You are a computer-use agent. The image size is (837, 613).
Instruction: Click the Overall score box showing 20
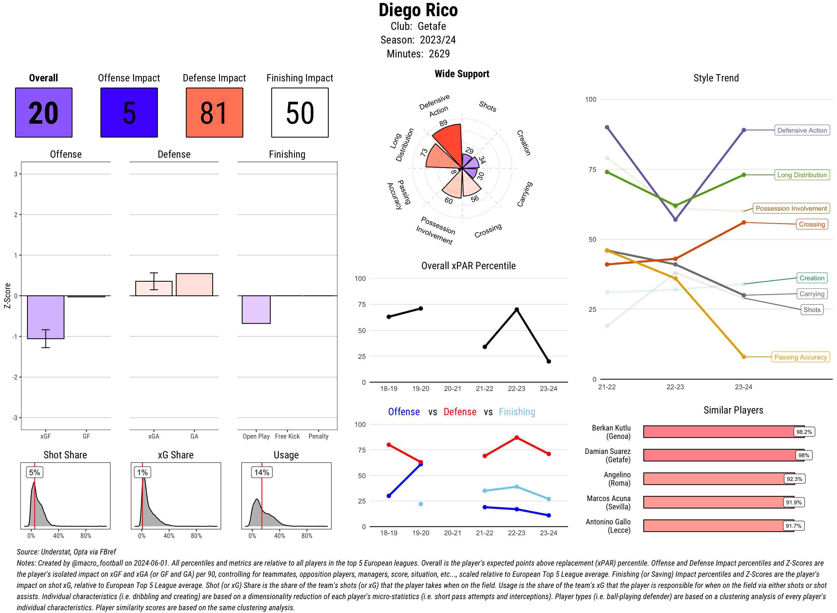pos(44,113)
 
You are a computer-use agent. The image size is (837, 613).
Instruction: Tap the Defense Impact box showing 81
pos(214,113)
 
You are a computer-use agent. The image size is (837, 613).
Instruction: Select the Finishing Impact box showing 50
pos(300,113)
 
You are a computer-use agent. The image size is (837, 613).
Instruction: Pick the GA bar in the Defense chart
pos(194,284)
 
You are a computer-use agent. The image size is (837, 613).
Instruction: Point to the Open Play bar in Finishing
pos(256,310)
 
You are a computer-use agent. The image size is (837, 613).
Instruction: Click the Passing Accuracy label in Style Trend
pos(800,357)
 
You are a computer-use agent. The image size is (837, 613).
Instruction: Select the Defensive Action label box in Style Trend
pos(802,130)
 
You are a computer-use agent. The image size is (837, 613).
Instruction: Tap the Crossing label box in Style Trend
pos(812,224)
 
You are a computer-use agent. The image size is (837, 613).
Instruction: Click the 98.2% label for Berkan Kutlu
pos(804,432)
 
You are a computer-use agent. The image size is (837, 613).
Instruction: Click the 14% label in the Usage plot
pos(262,472)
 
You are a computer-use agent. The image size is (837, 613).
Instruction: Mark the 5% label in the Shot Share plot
pos(35,472)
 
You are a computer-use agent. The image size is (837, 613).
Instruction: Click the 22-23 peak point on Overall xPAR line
pos(517,310)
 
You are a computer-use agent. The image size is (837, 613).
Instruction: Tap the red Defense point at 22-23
pos(517,438)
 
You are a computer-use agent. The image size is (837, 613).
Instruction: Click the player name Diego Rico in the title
pos(418,10)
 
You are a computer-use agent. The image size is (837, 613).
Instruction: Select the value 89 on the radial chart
pos(443,123)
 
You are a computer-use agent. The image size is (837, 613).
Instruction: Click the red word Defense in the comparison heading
pos(460,412)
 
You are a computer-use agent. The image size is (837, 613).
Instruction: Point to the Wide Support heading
pos(462,74)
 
